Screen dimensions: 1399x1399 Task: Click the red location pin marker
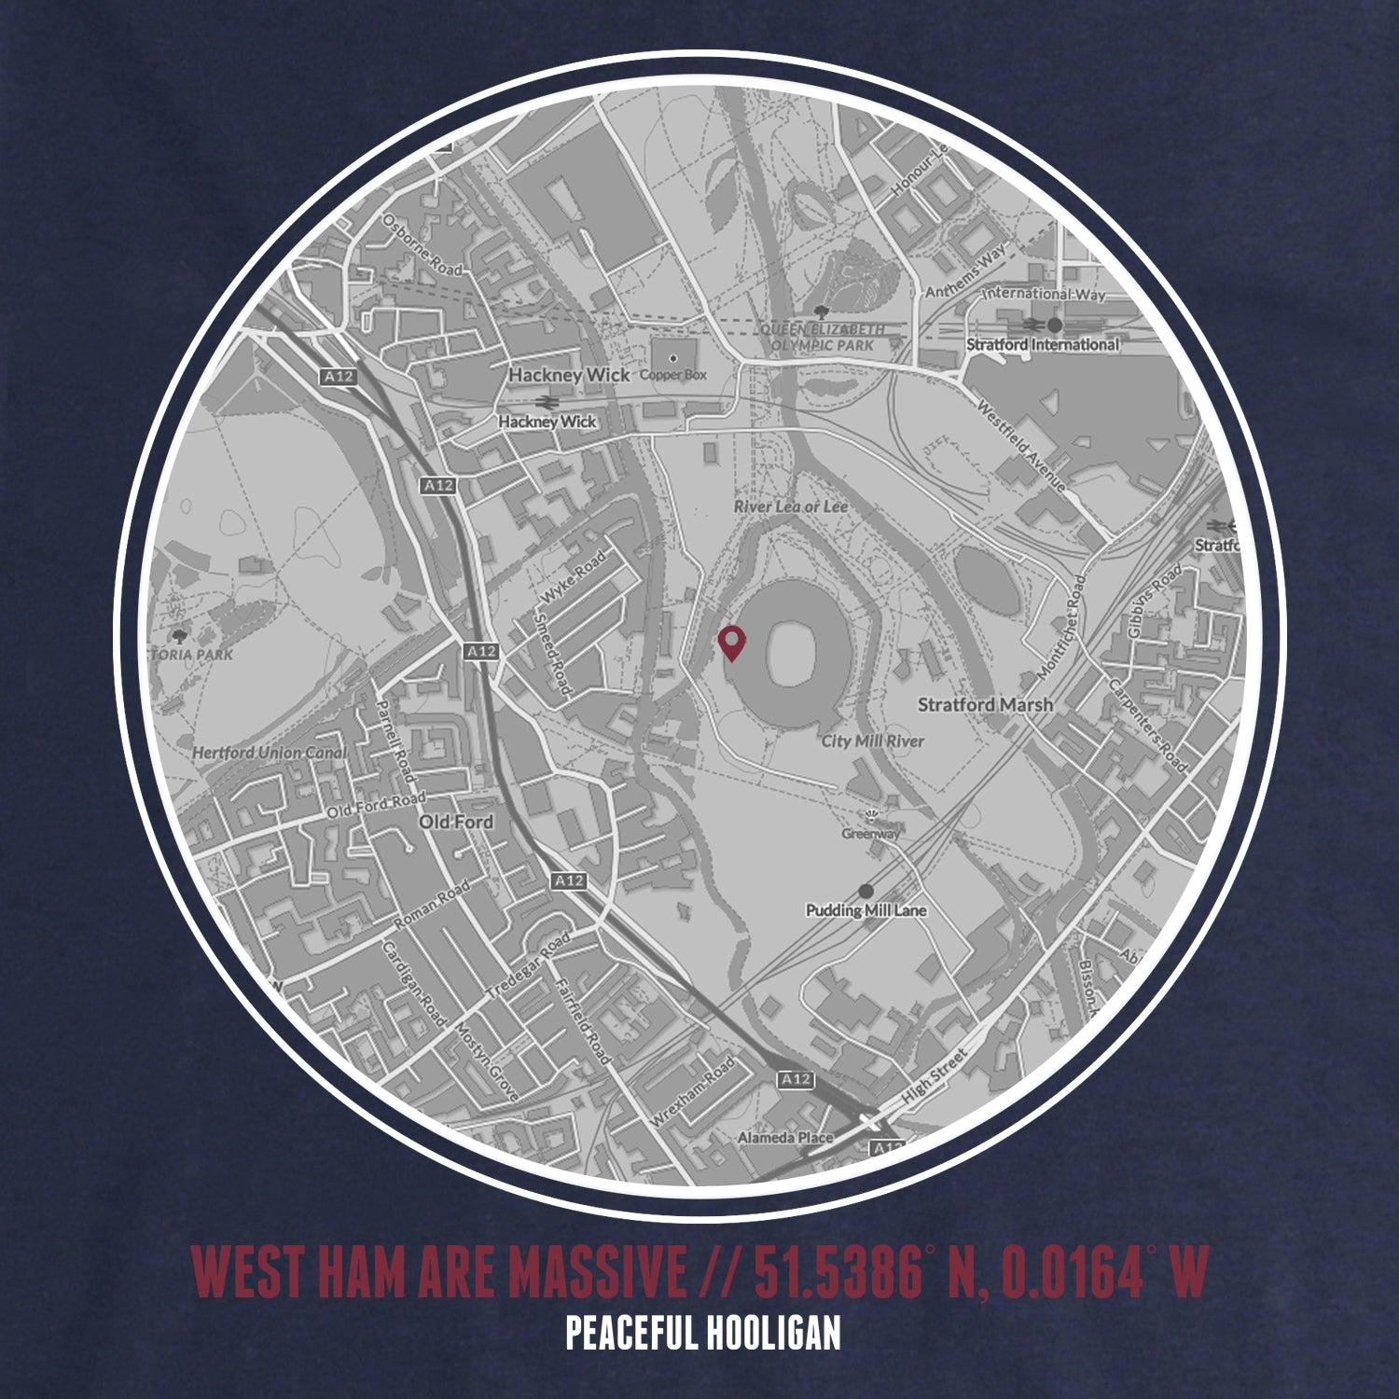point(733,643)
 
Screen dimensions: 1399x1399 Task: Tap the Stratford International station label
point(1042,344)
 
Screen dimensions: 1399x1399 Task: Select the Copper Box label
point(672,375)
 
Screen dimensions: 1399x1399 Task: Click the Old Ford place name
point(456,822)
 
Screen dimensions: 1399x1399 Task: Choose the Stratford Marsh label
point(985,705)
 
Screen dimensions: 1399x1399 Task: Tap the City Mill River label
point(872,741)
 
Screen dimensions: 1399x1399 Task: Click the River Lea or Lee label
point(791,506)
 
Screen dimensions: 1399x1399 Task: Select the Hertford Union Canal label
point(269,753)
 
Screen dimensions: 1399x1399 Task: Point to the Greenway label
point(871,834)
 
